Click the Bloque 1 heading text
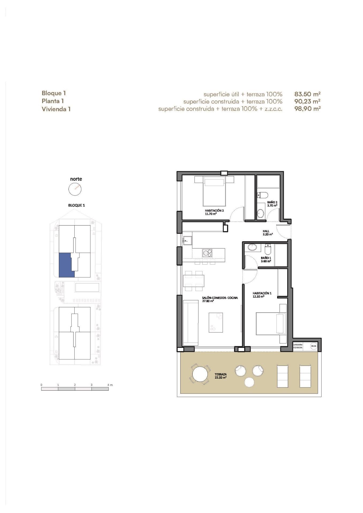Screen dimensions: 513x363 pyautogui.click(x=54, y=93)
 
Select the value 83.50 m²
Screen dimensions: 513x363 pyautogui.click(x=307, y=94)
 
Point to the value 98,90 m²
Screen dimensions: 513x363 pyautogui.click(x=307, y=109)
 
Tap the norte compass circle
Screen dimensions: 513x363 pyautogui.click(x=75, y=189)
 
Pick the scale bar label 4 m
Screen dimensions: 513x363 pyautogui.click(x=110, y=385)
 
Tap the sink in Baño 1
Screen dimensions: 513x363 pyautogui.click(x=252, y=247)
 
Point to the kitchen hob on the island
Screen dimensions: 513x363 pyautogui.click(x=207, y=252)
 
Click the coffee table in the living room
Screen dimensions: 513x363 pyautogui.click(x=216, y=322)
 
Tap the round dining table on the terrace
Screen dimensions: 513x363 pyautogui.click(x=200, y=374)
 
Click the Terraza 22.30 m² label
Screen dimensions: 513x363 pyautogui.click(x=221, y=376)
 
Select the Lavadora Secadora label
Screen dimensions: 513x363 pyautogui.click(x=298, y=346)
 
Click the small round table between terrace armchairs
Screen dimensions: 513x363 pyautogui.click(x=249, y=382)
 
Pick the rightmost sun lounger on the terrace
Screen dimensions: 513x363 pyautogui.click(x=305, y=376)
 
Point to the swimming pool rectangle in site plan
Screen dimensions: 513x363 pyautogui.click(x=87, y=287)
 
